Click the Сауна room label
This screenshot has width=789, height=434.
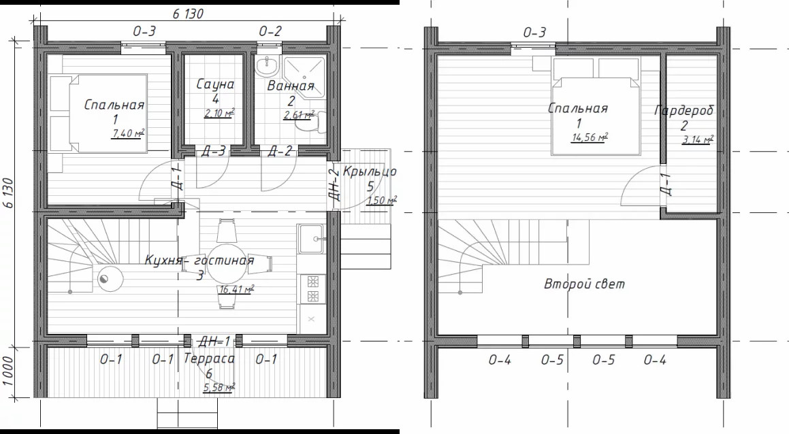tap(215, 84)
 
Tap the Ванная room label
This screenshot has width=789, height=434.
tap(290, 86)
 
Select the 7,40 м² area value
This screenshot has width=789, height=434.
tap(128, 133)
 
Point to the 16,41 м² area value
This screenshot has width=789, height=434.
tap(236, 289)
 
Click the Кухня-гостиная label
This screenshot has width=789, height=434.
tap(199, 261)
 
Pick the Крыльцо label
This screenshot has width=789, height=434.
tap(370, 171)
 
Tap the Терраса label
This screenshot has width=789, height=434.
tap(209, 358)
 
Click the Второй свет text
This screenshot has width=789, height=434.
tap(584, 284)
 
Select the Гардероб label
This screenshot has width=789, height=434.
tap(684, 110)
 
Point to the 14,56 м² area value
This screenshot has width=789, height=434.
tap(590, 137)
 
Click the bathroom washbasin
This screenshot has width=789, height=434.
tap(267, 65)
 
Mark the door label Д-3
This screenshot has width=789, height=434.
tap(213, 151)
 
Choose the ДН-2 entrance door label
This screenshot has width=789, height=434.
tap(334, 184)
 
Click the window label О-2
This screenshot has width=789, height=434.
tap(270, 32)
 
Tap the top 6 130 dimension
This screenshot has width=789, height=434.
tap(188, 14)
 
